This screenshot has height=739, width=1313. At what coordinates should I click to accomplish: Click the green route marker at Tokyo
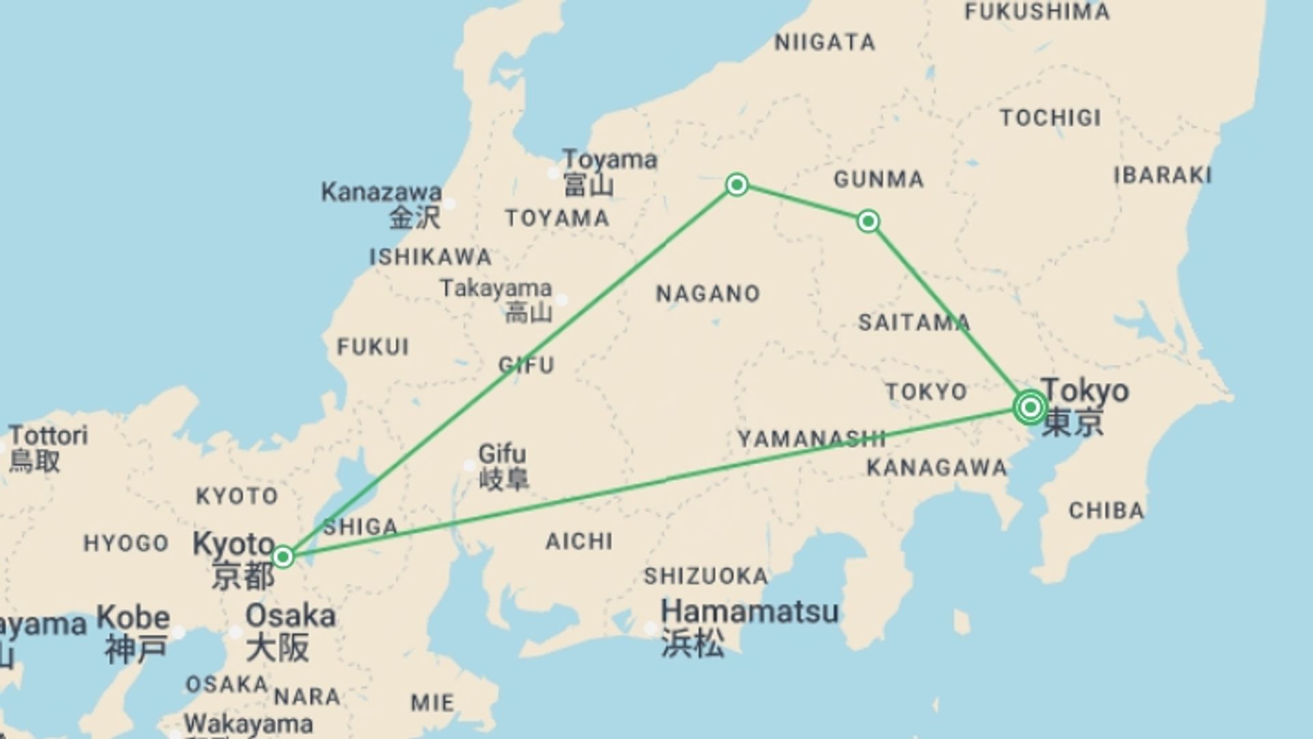click(1030, 408)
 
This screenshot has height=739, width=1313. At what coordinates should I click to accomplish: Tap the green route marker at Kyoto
click(283, 557)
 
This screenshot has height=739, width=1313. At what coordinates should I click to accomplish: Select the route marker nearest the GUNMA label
click(868, 221)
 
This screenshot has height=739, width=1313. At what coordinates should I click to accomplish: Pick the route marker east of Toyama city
click(737, 185)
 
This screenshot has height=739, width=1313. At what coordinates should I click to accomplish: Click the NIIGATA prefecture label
click(825, 42)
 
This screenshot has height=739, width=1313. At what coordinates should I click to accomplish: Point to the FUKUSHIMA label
click(1037, 12)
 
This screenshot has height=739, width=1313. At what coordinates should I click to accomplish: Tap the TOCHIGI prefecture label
click(1050, 118)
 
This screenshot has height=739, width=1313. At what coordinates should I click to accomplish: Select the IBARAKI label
click(1163, 175)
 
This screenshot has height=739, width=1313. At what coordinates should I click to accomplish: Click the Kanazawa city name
click(382, 192)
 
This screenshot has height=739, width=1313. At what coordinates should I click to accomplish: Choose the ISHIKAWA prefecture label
click(431, 257)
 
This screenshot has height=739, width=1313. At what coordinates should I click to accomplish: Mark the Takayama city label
click(496, 288)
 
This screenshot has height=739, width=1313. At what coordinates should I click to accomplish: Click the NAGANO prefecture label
click(708, 294)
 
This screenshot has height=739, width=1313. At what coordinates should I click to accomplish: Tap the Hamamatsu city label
click(750, 611)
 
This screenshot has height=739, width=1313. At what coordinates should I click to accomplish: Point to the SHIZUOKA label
click(706, 576)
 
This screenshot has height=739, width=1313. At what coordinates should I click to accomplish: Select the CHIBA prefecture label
click(1106, 510)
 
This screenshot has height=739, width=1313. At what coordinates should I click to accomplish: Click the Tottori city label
click(49, 435)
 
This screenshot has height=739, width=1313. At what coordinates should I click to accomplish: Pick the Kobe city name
click(133, 618)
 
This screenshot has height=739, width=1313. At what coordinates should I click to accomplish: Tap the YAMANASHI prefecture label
click(811, 439)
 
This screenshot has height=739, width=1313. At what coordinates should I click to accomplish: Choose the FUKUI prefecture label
click(373, 347)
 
